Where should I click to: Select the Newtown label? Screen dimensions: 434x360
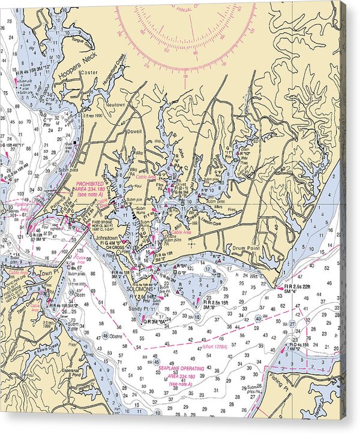[115, 104]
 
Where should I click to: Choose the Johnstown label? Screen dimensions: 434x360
[107, 238]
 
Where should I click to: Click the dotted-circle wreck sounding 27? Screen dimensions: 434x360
[293, 324]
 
